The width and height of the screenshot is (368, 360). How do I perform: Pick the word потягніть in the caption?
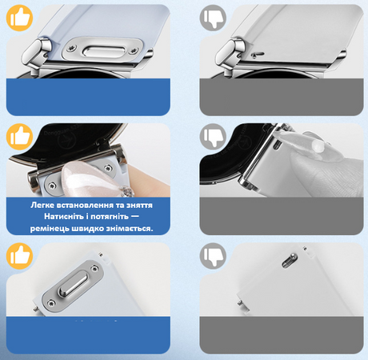[110, 216]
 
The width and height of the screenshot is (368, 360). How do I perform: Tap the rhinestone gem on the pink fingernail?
[126, 191]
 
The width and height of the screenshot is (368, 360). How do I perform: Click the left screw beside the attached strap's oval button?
[71, 49]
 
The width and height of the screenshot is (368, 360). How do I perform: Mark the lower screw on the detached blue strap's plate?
[50, 303]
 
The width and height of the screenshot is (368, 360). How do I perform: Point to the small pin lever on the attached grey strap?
[257, 54]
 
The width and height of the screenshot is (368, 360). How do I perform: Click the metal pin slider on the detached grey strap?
[289, 260]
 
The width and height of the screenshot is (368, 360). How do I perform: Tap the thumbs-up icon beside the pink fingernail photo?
[19, 137]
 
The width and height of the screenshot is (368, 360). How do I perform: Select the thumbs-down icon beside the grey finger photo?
[213, 137]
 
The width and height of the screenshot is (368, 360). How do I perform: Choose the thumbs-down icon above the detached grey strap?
[213, 256]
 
